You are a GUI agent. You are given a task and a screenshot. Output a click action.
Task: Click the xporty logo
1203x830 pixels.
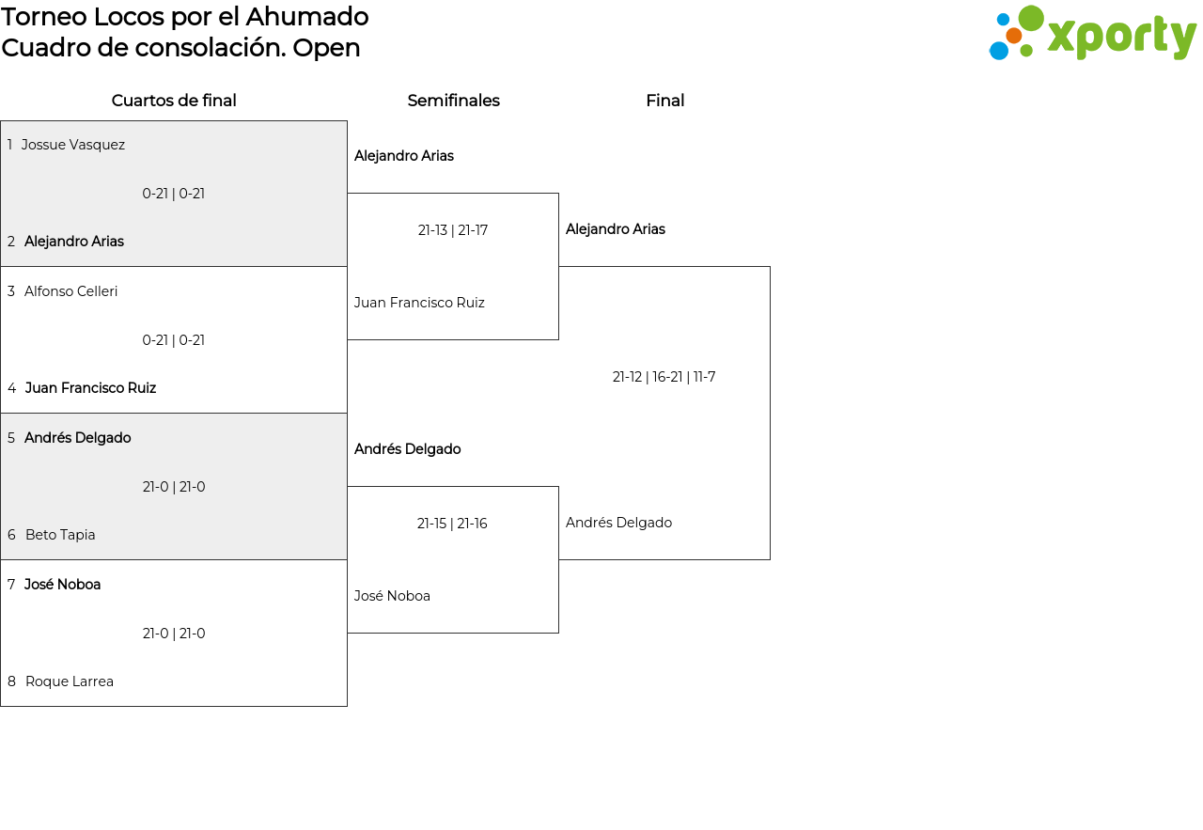[1093, 33]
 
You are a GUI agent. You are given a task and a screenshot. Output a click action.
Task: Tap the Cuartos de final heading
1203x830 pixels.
[174, 101]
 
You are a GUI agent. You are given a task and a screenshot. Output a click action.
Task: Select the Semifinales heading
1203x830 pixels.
[453, 101]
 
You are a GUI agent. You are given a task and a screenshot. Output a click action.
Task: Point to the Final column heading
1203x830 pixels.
[664, 101]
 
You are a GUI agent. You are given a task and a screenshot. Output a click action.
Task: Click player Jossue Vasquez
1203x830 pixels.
[73, 145]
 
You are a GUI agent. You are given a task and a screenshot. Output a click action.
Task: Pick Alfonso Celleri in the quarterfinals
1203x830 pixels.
[70, 291]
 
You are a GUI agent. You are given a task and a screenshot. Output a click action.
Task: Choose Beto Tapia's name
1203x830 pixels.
[60, 535]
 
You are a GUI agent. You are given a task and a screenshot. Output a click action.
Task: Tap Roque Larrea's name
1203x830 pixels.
[70, 681]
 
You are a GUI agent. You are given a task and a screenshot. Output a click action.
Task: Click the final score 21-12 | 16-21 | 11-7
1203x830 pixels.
[664, 377]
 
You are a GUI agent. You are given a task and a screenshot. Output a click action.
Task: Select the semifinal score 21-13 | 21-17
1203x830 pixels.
[453, 230]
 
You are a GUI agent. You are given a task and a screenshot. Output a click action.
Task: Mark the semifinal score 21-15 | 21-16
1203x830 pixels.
[452, 524]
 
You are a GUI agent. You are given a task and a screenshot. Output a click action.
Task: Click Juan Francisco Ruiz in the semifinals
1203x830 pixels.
[419, 303]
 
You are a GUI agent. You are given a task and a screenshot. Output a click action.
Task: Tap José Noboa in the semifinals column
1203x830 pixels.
[392, 596]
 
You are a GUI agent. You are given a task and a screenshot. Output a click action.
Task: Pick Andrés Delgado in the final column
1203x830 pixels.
[618, 523]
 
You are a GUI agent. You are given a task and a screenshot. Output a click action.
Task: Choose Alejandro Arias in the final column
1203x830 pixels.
[616, 228]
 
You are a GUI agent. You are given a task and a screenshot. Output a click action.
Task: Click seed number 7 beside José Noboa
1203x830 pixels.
[11, 584]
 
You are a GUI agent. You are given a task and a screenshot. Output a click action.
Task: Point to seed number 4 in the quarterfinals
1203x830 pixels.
[12, 388]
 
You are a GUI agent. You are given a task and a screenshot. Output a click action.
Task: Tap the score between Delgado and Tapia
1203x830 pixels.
[174, 487]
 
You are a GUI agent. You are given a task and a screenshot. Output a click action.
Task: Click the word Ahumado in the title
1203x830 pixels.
[307, 17]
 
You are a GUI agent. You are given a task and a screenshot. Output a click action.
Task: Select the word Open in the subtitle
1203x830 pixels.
[326, 49]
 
